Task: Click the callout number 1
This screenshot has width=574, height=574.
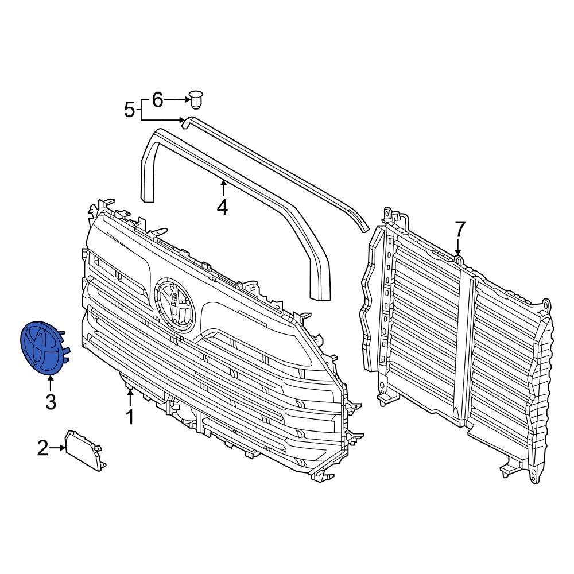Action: [x=130, y=417]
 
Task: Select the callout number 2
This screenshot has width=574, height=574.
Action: [x=43, y=448]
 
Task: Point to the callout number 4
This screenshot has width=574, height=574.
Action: [x=222, y=207]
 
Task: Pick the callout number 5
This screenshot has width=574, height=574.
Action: [x=130, y=108]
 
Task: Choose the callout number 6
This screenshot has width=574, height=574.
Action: [x=157, y=100]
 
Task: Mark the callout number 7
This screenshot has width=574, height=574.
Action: [x=459, y=230]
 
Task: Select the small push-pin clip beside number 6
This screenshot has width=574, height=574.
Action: [x=197, y=100]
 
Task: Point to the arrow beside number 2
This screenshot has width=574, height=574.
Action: [x=58, y=448]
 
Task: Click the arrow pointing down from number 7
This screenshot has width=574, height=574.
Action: [x=458, y=248]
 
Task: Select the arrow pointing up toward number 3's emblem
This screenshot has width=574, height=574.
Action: [x=51, y=382]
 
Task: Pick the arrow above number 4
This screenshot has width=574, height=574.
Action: [x=222, y=188]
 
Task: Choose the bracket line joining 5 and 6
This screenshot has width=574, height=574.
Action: [x=141, y=109]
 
